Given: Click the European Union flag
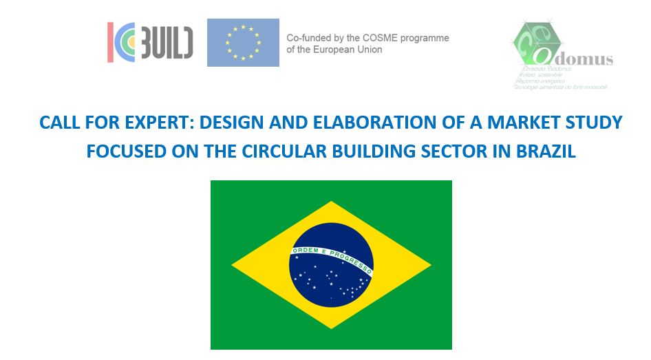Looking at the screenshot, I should pyautogui.click(x=243, y=43).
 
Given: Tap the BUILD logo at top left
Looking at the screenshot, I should pyautogui.click(x=150, y=41).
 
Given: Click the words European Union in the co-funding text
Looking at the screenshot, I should pyautogui.click(x=350, y=50).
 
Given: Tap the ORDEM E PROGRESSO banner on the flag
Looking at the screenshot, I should pyautogui.click(x=331, y=256).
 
